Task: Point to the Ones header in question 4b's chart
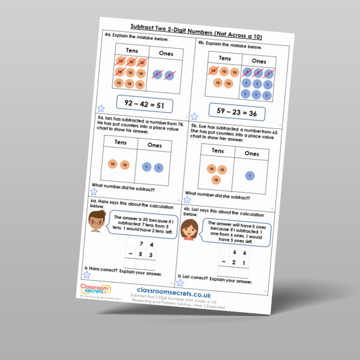259,61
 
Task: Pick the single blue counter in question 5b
250,176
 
